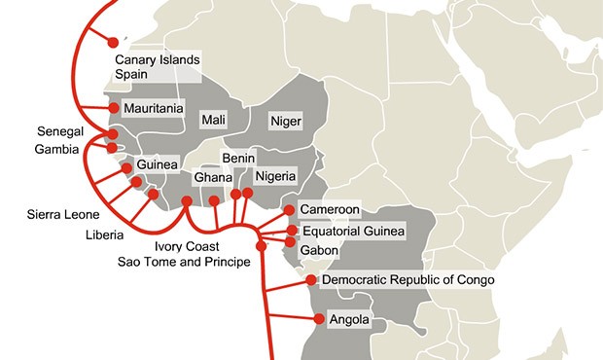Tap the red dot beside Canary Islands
click(x=114, y=42)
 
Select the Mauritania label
click(x=154, y=109)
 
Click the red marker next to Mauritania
click(x=114, y=108)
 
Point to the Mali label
click(x=213, y=120)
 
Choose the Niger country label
click(x=286, y=121)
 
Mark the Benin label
click(x=239, y=159)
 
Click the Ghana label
click(x=212, y=178)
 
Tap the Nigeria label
click(x=280, y=177)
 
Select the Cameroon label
click(x=330, y=209)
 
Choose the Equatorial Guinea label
click(x=352, y=231)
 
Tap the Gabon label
click(x=319, y=250)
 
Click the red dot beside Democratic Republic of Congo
click(x=311, y=280)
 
